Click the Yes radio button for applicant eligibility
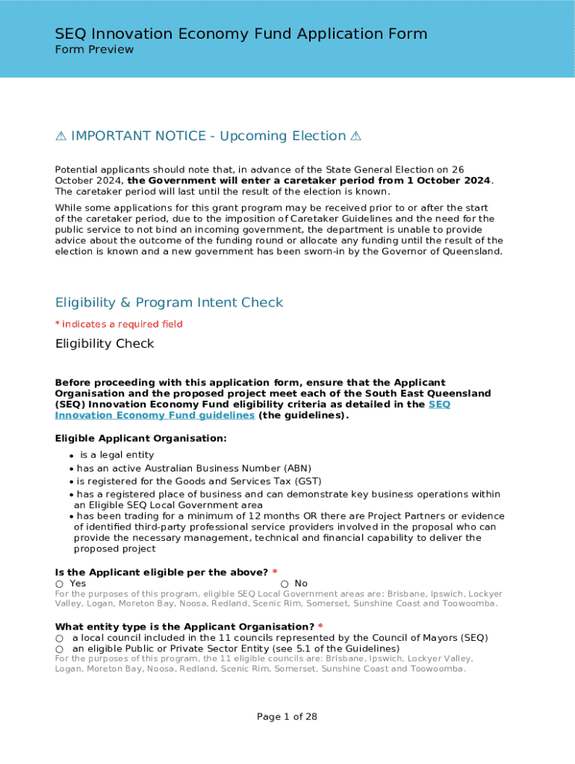point(59,584)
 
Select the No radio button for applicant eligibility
point(285,584)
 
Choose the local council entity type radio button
point(59,639)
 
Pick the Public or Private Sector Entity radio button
point(59,649)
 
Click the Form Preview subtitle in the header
point(94,49)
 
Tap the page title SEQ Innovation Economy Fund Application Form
point(240,34)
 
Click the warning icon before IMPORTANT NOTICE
point(61,136)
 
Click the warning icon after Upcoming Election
point(355,136)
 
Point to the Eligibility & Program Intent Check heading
point(169,302)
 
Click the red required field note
point(119,324)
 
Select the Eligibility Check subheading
point(105,343)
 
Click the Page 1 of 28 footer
point(287,716)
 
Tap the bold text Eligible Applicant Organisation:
point(140,438)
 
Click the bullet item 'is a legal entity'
point(116,455)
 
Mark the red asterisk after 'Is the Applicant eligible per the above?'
point(275,572)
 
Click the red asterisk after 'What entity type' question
point(320,626)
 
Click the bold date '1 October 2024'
point(442,181)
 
